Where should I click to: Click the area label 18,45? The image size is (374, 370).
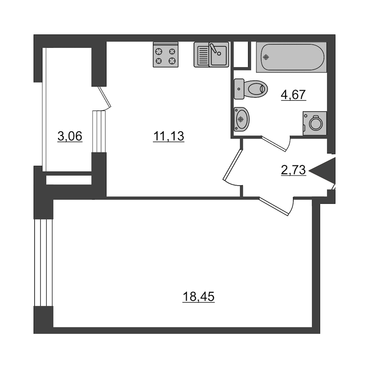[x=199, y=297]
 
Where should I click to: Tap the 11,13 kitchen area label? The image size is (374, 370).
[x=169, y=136]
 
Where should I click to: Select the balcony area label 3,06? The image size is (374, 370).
[x=70, y=136]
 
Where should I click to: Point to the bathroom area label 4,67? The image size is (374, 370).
[x=293, y=95]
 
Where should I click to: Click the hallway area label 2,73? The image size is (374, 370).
[x=293, y=170]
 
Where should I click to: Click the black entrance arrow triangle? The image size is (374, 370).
[x=322, y=170]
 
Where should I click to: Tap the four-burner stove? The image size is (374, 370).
[x=165, y=54]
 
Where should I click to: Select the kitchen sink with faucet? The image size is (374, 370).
[x=212, y=54]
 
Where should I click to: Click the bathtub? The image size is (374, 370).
[x=291, y=57]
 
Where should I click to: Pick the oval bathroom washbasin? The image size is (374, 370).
[x=241, y=119]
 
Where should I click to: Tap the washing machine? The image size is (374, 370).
[x=315, y=123]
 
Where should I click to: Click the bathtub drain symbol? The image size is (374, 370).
[x=266, y=57]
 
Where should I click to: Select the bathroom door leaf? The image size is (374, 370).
[x=274, y=144]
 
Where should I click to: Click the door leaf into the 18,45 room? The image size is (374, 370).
[x=274, y=206]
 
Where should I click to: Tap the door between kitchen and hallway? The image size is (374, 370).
[x=233, y=165]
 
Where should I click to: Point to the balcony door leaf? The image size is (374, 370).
[x=104, y=96]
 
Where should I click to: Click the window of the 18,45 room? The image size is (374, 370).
[x=43, y=262]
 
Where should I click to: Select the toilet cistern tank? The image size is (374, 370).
[x=239, y=89]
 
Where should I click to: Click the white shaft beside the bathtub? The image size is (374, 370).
[x=241, y=54]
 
